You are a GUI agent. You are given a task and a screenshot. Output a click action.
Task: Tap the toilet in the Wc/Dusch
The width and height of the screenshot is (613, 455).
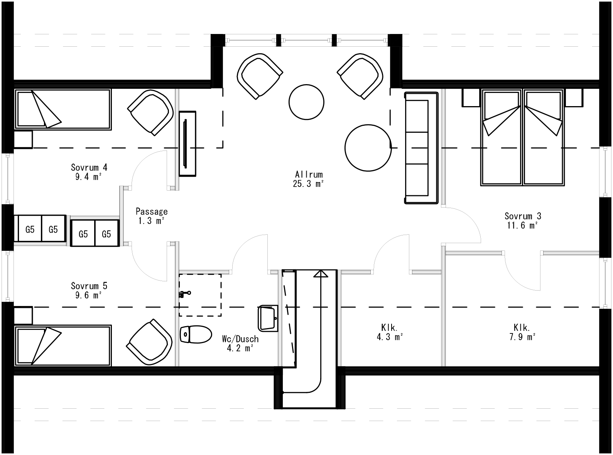(196, 334)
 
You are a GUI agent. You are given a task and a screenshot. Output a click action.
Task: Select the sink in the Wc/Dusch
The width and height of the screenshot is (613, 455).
(268, 318)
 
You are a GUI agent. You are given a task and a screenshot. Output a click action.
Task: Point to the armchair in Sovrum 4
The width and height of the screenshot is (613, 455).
(150, 112)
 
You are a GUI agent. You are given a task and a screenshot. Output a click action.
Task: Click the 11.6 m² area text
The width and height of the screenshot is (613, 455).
(523, 226)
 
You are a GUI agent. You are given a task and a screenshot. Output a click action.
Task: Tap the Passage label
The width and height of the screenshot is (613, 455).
(152, 211)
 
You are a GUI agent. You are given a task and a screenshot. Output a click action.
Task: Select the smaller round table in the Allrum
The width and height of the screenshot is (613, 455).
(306, 102)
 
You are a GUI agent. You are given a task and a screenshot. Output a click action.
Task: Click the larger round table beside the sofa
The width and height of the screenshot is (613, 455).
(368, 147)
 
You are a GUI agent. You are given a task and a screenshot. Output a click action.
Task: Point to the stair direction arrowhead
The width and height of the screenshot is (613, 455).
(321, 274)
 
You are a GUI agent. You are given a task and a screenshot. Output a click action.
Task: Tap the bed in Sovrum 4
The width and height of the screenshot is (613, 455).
(63, 109)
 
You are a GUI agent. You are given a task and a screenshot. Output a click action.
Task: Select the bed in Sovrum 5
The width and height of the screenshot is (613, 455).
(63, 345)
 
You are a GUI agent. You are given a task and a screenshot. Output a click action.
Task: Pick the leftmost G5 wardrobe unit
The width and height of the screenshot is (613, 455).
(30, 230)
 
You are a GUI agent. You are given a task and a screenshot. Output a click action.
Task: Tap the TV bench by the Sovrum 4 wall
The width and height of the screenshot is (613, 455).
(187, 144)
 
